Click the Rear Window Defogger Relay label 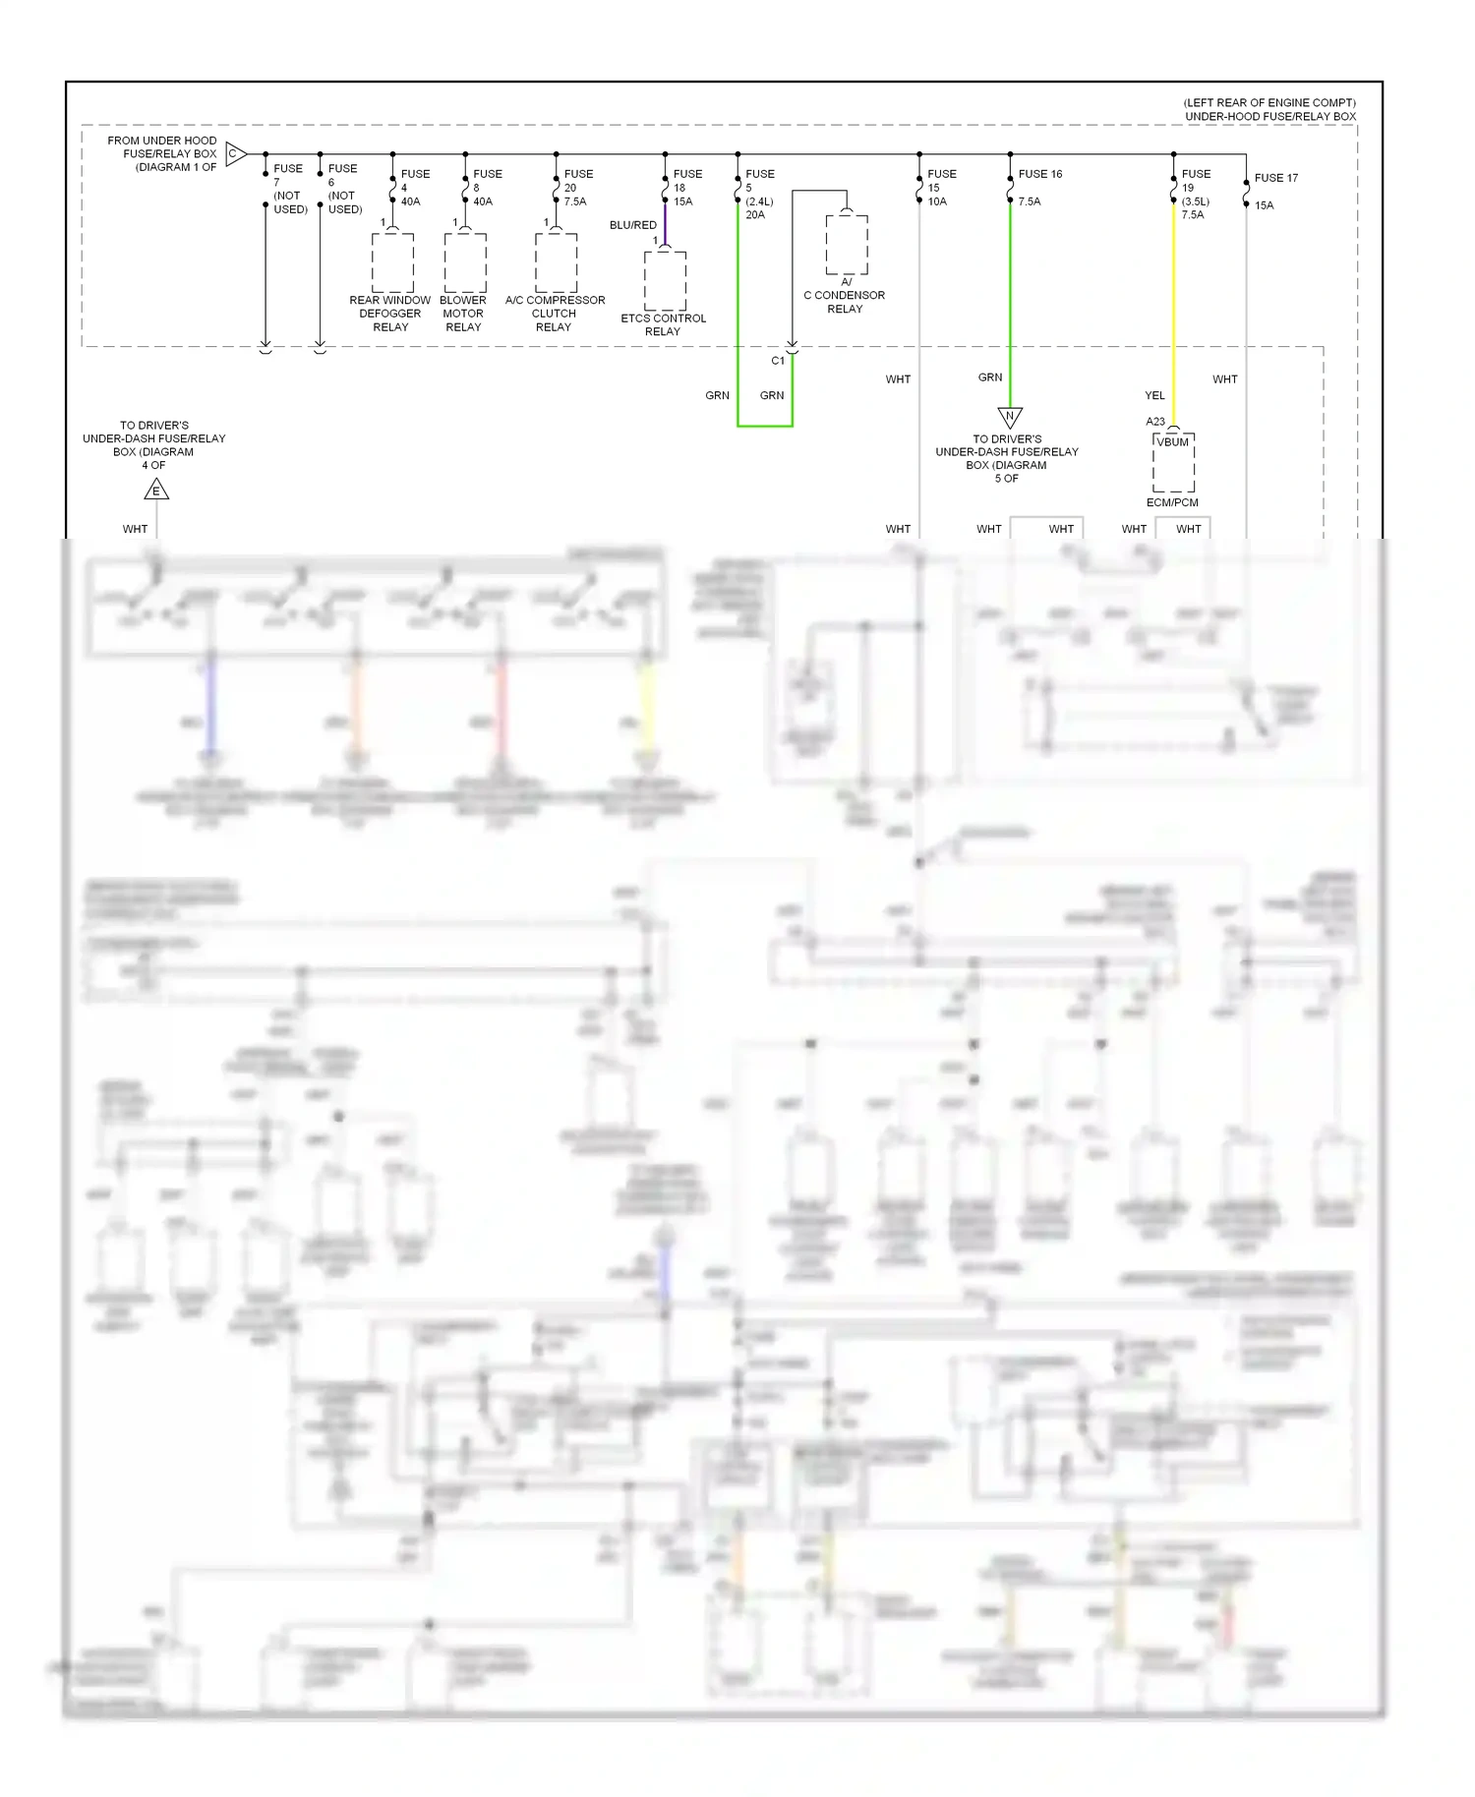point(390,314)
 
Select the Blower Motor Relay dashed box point(465,262)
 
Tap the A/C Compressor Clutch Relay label point(555,314)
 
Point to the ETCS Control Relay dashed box point(665,280)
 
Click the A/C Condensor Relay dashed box point(847,244)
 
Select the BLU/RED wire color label point(632,225)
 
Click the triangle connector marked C point(235,153)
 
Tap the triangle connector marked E point(156,491)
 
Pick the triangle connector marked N point(1010,416)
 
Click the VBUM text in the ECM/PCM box point(1173,442)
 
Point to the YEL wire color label point(1154,395)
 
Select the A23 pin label point(1155,422)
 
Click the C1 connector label point(778,361)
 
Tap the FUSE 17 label point(1275,178)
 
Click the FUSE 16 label point(1039,174)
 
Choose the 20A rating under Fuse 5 point(755,214)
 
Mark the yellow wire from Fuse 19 point(1173,315)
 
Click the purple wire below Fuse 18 point(665,224)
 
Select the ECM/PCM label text point(1172,502)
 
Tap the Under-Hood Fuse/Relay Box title point(1269,116)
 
